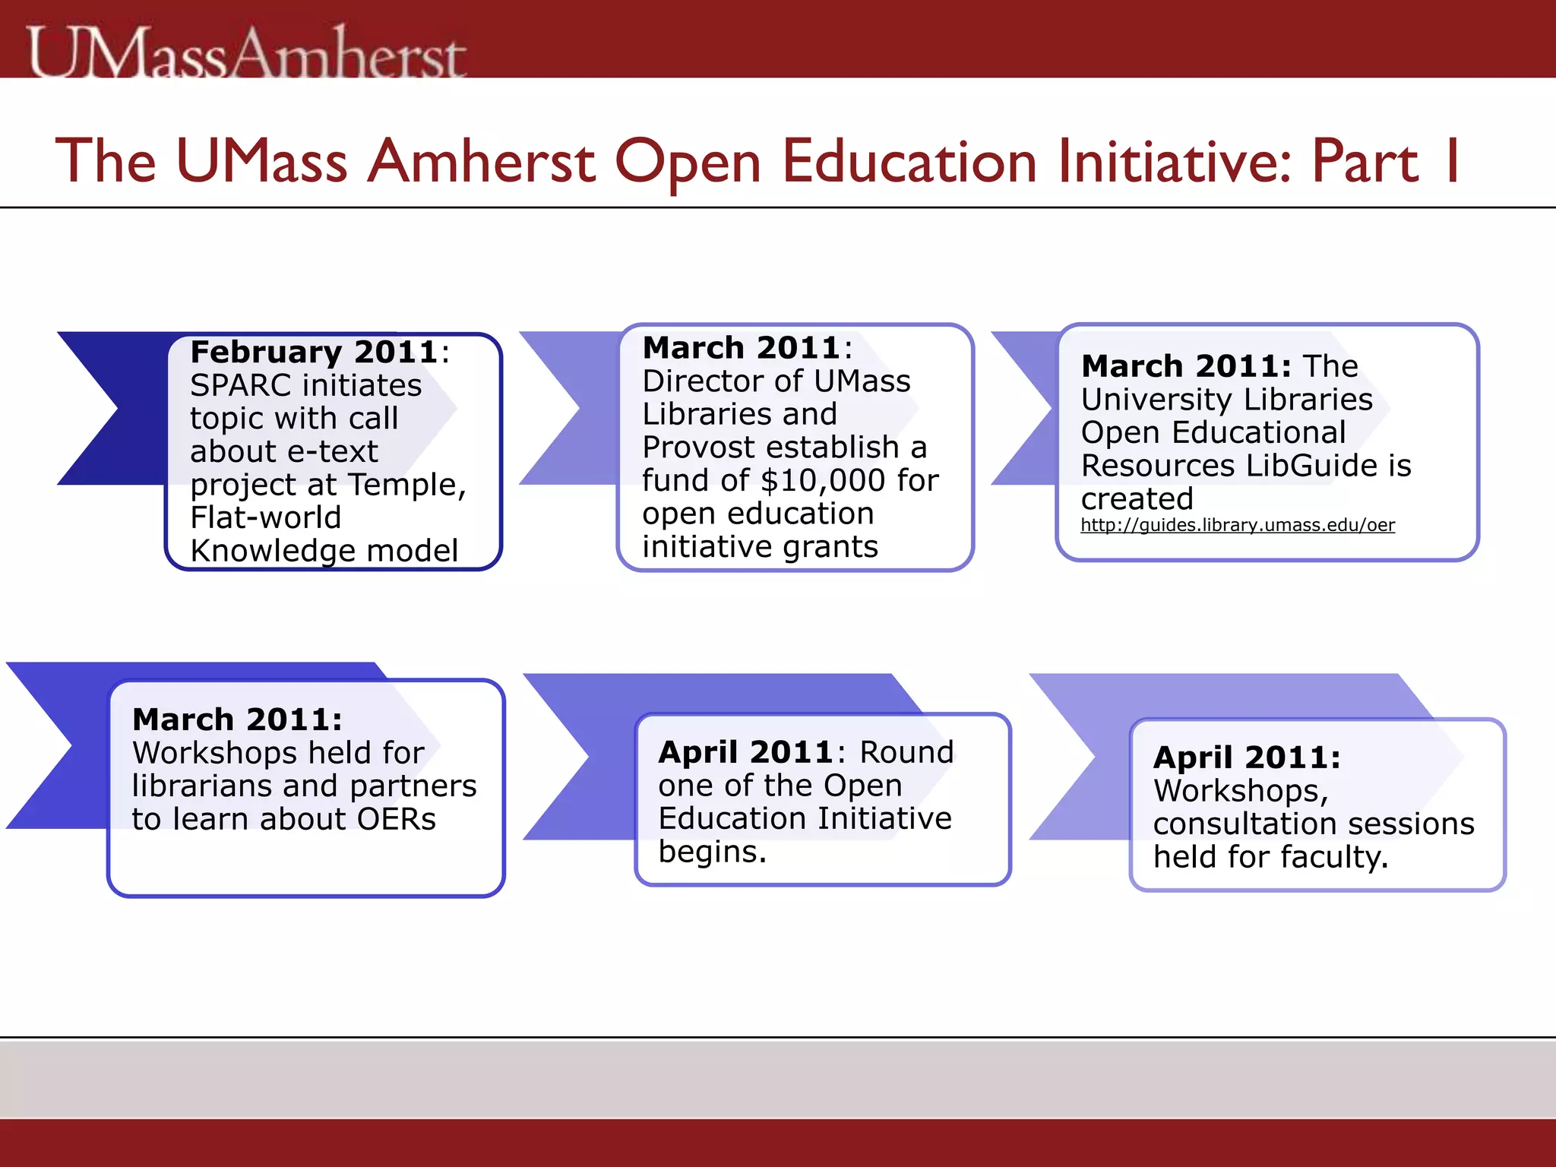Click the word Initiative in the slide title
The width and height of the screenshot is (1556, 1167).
(x=1175, y=161)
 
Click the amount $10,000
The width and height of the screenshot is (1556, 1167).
(x=822, y=480)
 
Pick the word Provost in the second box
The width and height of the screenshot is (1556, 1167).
(x=694, y=447)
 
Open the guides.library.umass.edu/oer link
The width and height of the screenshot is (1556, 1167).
(x=1238, y=525)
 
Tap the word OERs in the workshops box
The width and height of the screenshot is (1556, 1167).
(x=397, y=819)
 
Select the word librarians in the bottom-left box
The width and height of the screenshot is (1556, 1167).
(x=202, y=786)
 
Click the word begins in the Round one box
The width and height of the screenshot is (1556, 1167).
(x=711, y=852)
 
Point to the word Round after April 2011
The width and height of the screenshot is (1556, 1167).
(x=906, y=752)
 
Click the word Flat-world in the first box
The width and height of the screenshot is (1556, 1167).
(x=266, y=517)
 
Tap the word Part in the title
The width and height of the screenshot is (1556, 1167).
(x=1365, y=161)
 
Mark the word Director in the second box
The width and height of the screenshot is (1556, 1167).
(x=699, y=381)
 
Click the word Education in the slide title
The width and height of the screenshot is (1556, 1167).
(x=909, y=161)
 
